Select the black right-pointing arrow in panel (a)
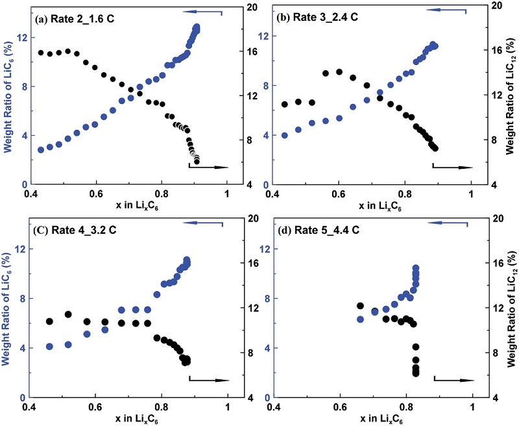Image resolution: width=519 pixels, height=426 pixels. click(209, 168)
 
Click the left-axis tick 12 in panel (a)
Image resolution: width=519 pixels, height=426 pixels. click(20, 37)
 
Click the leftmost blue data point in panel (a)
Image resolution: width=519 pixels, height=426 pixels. click(41, 149)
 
